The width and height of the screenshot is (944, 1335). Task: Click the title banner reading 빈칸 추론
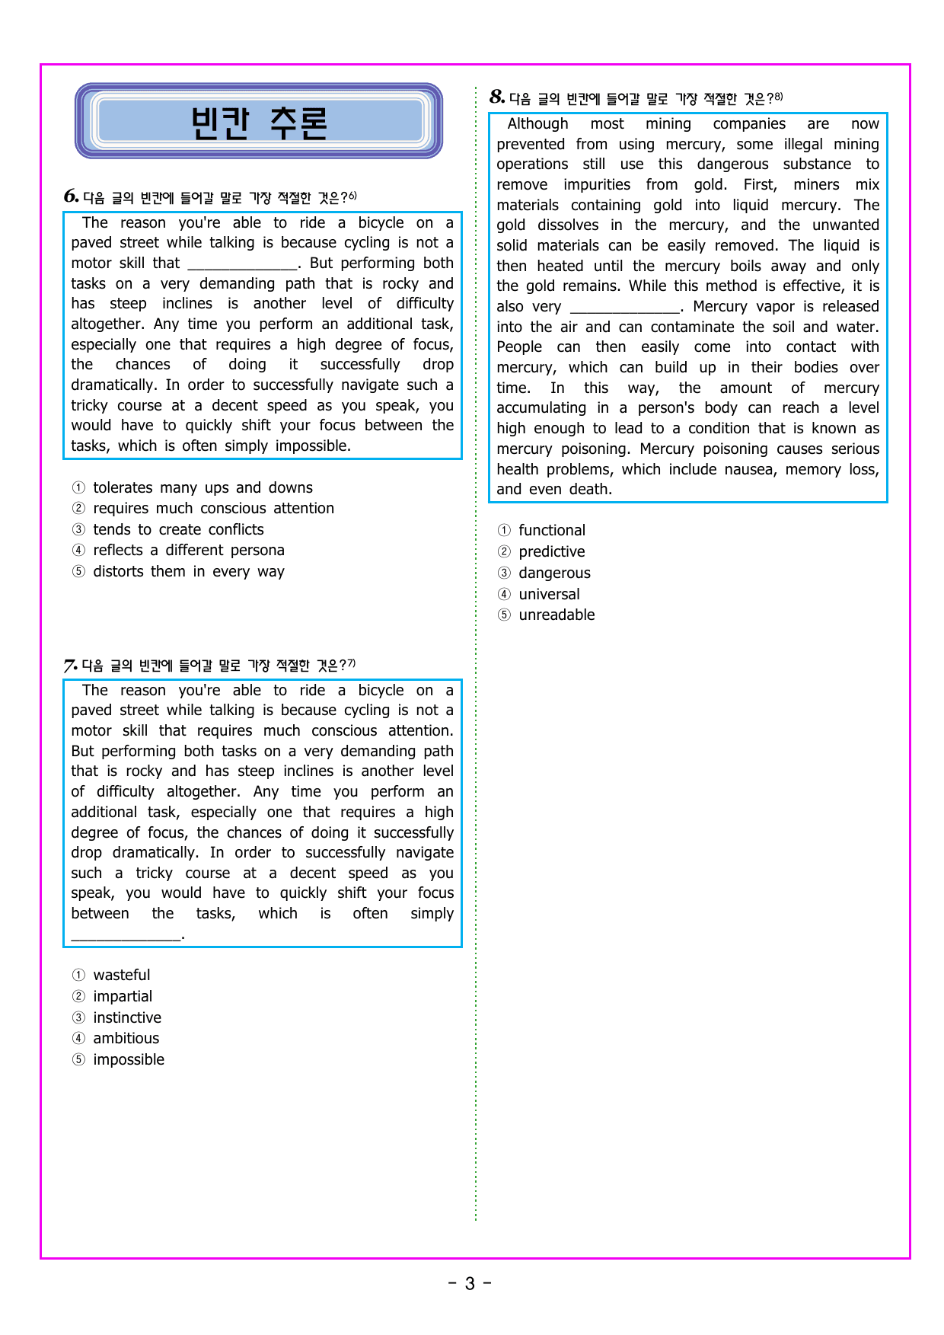coord(259,122)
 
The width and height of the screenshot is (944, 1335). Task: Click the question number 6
coord(72,196)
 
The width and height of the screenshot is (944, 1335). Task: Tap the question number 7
coord(71,665)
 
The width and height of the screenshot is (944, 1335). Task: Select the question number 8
coord(497,97)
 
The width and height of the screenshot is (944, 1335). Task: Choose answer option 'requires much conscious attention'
coord(213,508)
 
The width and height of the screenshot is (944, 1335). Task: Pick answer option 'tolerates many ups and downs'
coord(203,487)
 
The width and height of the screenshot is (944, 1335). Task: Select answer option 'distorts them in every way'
coord(188,571)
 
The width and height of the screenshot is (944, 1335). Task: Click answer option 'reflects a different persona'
coord(188,550)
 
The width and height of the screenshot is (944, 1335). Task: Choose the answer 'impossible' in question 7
coord(128,1059)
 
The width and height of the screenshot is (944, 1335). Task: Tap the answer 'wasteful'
coord(121,975)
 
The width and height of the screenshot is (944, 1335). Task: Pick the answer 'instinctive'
coord(126,1017)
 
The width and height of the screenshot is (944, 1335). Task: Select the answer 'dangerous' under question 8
coord(554,573)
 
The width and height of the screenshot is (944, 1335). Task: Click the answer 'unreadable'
coord(557,615)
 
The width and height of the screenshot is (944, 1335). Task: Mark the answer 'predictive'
coord(551,551)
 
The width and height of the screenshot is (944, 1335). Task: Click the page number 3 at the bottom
coord(470,1283)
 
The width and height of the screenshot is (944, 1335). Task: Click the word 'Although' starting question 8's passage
coord(537,123)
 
